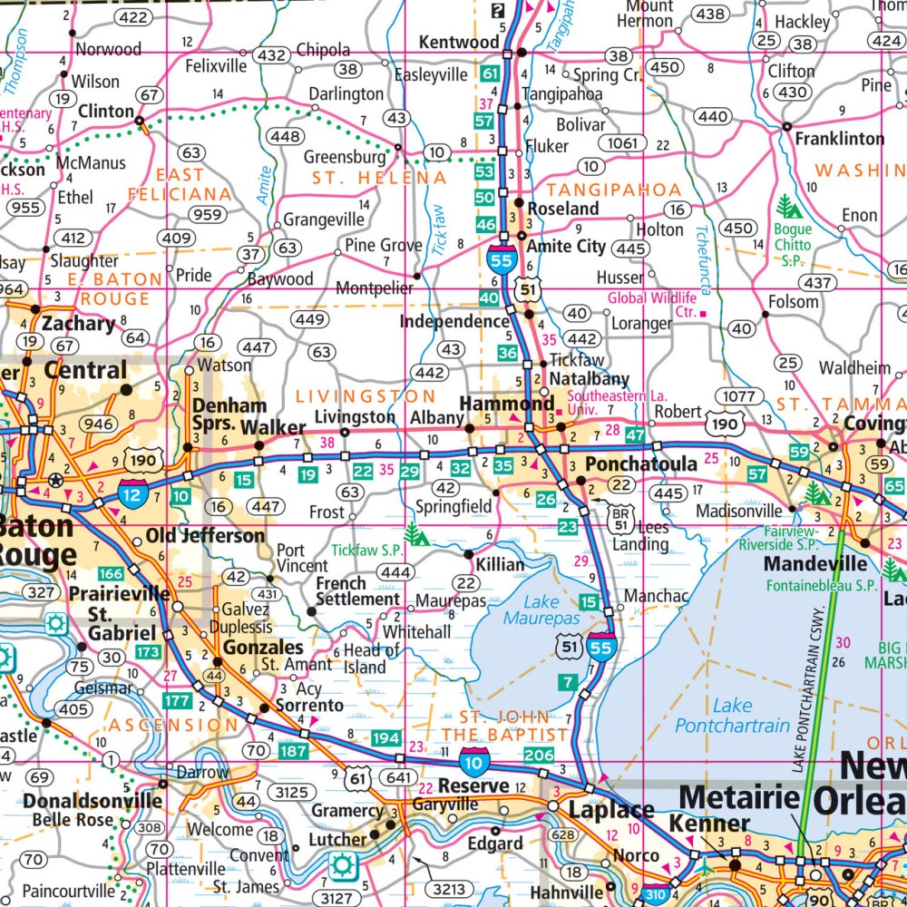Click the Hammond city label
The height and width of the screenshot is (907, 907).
507,403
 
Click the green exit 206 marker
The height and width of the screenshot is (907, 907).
539,755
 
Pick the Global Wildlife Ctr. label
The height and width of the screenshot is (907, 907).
651,305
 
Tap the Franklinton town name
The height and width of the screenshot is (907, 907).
839,139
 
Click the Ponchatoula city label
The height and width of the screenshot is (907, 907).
641,463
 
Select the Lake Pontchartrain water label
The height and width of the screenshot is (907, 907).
732,716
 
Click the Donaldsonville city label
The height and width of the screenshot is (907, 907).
93,801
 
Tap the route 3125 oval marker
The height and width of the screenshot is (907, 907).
293,792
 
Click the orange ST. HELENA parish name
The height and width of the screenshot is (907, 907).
379,179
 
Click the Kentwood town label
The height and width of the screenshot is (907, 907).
458,43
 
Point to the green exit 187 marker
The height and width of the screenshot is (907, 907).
294,751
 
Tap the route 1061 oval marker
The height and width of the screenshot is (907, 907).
623,143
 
